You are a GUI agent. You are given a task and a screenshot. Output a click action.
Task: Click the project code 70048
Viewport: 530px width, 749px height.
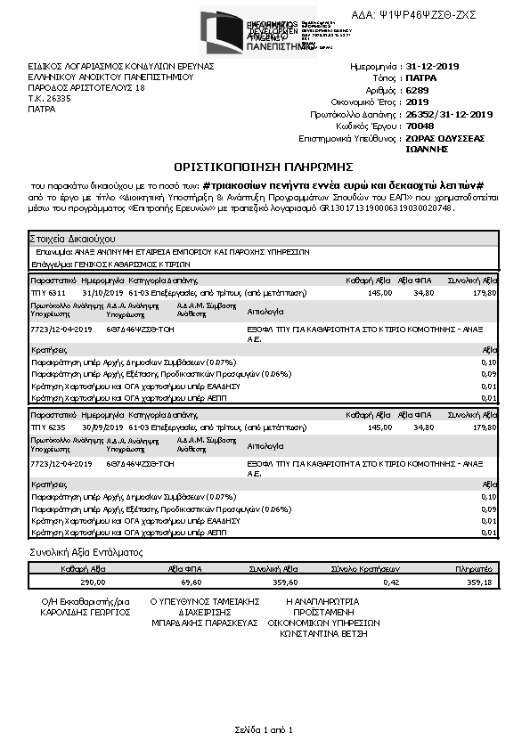pos(420,126)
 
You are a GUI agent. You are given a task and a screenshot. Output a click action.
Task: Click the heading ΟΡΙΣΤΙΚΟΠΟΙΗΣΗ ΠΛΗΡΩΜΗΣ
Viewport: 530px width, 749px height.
pos(265,167)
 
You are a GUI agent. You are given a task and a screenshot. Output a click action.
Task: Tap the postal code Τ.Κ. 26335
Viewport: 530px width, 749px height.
pos(48,99)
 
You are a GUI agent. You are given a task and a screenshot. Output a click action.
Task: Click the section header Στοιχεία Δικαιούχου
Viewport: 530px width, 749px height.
pos(71,240)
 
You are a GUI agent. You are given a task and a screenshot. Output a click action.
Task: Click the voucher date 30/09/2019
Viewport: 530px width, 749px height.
pos(99,427)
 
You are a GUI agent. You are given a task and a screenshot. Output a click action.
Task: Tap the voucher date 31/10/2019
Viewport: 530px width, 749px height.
pos(99,292)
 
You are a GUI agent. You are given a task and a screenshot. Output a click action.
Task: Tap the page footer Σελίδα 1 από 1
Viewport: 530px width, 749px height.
pos(264,729)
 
